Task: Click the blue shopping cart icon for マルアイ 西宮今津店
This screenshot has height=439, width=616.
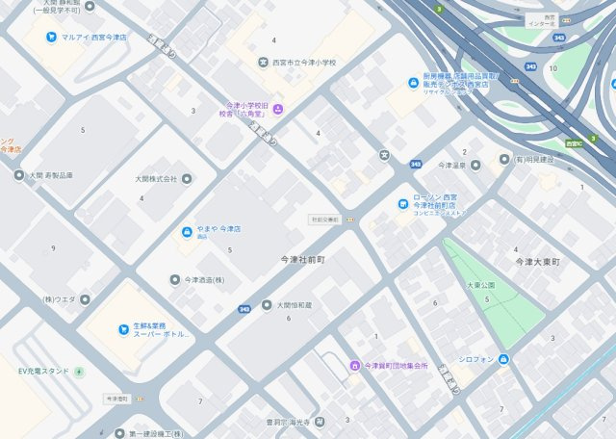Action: coord(51,38)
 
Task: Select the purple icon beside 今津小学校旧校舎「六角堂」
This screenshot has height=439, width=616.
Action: coord(277,109)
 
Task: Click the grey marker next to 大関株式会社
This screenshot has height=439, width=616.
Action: coord(186,178)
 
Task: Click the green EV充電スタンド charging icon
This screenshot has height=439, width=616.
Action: coord(79,371)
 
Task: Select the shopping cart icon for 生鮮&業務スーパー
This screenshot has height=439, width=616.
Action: coord(123,330)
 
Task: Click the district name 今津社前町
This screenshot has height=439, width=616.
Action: coord(303,260)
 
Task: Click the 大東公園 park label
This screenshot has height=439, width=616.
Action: coord(480,286)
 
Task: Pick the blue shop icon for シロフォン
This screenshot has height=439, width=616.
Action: coord(503,359)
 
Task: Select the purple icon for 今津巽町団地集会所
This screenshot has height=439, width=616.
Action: coord(354,366)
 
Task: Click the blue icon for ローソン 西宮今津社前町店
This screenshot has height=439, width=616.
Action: coord(403,203)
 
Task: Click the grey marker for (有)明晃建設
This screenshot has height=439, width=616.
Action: coord(503,159)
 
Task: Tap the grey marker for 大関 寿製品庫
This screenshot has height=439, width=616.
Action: coord(19,175)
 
